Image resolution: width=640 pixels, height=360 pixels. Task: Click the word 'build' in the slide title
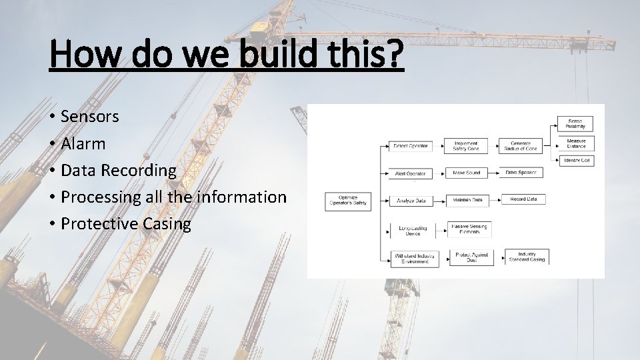[x=279, y=54]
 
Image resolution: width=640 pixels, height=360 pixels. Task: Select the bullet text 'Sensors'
[x=89, y=117]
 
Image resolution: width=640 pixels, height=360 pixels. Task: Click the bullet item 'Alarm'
[x=83, y=143]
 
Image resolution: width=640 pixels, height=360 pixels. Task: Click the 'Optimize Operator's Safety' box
[x=348, y=201]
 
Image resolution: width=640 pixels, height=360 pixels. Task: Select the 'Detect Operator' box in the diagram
[x=410, y=146]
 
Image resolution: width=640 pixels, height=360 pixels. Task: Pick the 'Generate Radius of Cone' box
[x=523, y=146]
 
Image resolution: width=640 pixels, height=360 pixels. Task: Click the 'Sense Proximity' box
[x=575, y=124]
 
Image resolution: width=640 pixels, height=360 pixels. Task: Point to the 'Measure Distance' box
[x=575, y=143]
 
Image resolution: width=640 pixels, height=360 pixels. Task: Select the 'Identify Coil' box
[x=575, y=161]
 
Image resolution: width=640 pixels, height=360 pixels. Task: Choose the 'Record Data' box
[x=523, y=199]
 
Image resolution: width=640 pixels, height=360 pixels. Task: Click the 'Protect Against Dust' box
[x=471, y=257]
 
